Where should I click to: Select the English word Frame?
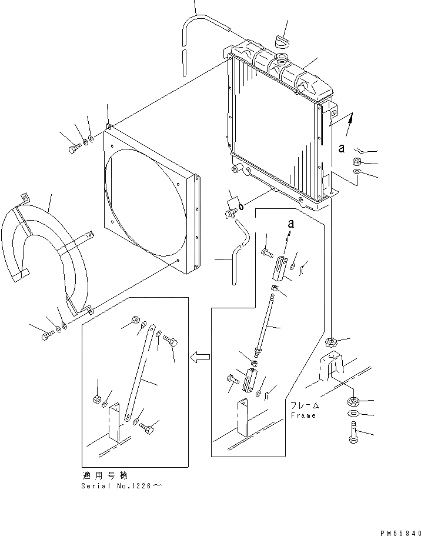[x=303, y=415]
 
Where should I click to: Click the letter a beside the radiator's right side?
[x=341, y=149]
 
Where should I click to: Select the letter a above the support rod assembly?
[x=290, y=224]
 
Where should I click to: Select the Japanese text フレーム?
[x=304, y=405]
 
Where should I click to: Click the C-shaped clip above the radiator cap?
[x=282, y=41]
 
